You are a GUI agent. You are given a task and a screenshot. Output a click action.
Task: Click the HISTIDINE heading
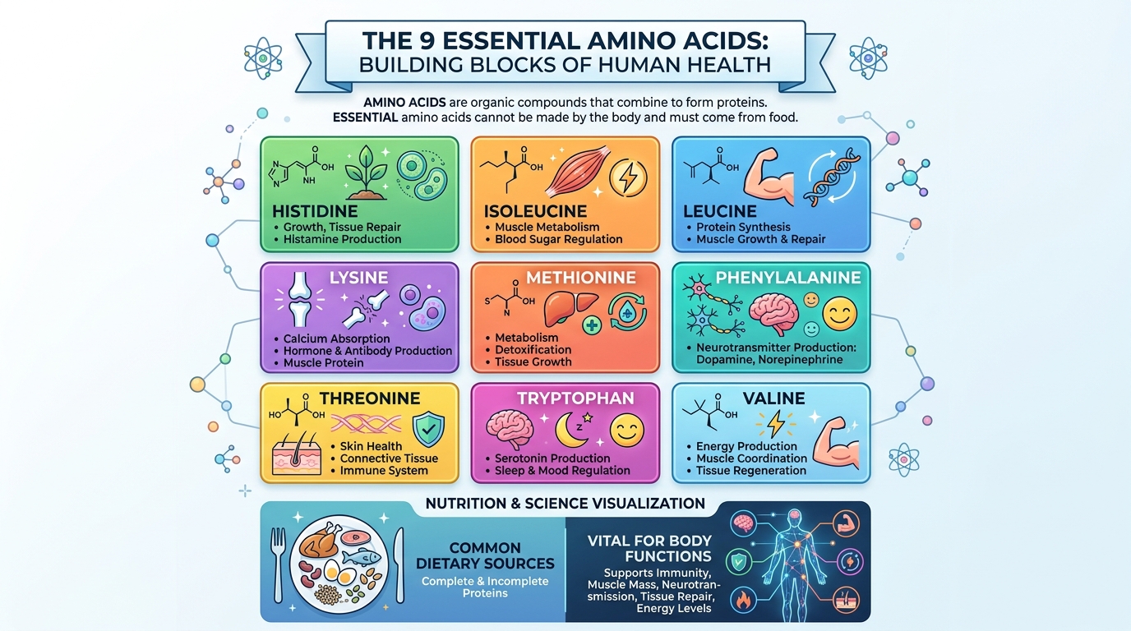(315, 211)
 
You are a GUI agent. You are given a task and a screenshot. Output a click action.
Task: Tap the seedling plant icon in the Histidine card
(366, 173)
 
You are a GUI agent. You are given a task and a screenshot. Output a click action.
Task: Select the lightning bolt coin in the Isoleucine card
(628, 177)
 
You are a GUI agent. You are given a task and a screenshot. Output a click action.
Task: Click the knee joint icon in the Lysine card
(300, 299)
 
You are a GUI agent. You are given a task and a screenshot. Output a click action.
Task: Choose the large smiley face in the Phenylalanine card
(840, 314)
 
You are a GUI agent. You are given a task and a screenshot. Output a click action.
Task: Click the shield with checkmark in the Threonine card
(429, 430)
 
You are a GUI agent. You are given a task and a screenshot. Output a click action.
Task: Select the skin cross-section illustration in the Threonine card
(297, 453)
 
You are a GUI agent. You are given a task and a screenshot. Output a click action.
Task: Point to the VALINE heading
(773, 398)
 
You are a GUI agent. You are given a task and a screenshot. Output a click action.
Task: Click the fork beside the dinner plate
(278, 565)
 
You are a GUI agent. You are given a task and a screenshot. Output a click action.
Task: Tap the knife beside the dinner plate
(399, 565)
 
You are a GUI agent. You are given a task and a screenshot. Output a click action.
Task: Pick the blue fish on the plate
(362, 557)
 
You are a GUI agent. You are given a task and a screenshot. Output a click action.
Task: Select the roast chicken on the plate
(319, 541)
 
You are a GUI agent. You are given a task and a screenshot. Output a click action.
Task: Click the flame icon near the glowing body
(743, 601)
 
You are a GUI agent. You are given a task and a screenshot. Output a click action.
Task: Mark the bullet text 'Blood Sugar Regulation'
(558, 239)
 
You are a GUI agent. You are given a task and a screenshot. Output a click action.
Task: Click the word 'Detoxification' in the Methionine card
(533, 349)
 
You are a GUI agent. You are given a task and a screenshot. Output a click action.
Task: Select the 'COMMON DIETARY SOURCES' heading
(485, 555)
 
